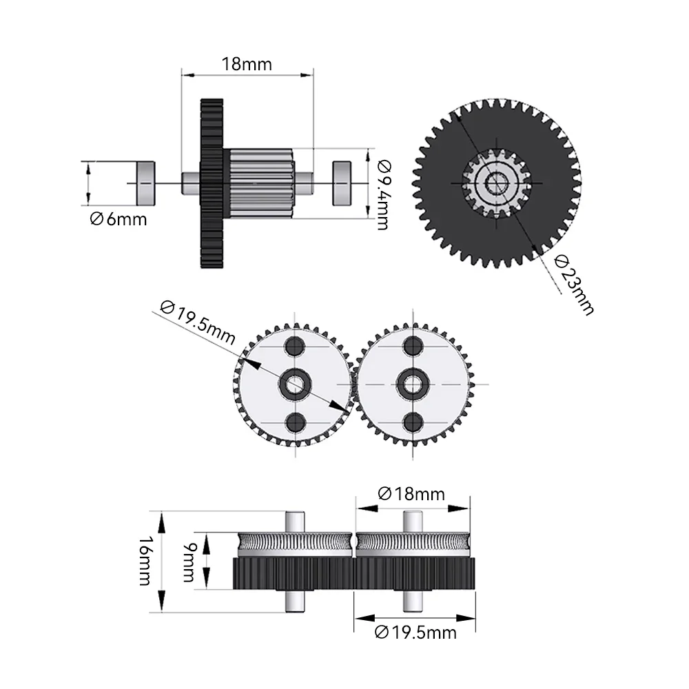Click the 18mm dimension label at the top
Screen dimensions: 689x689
247,64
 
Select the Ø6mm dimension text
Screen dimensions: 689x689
118,220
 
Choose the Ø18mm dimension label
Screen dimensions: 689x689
411,494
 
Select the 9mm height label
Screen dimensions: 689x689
188,561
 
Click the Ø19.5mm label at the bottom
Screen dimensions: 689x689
415,632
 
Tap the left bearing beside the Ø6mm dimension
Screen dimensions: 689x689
145,183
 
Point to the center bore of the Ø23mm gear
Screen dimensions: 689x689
496,183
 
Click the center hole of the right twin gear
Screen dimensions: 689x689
414,383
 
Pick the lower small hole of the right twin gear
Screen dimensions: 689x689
414,422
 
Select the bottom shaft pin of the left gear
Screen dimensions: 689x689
296,601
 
